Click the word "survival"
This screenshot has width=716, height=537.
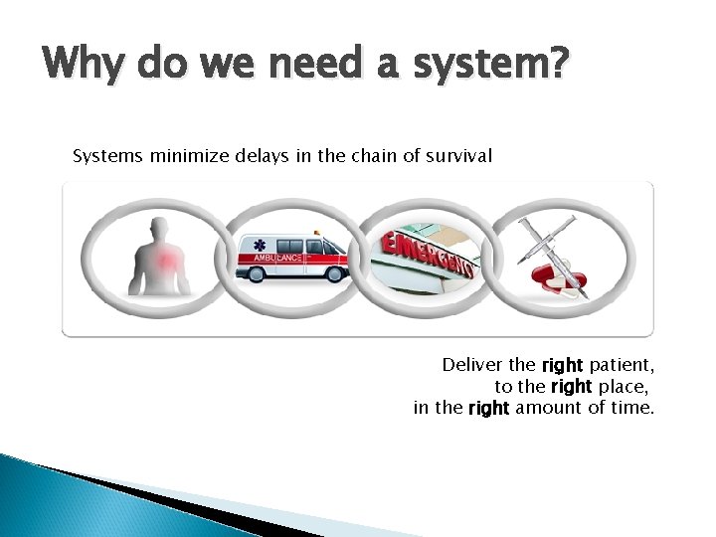tap(460, 156)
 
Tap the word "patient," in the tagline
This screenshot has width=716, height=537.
tap(621, 365)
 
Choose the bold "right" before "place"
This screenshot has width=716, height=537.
tap(570, 386)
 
